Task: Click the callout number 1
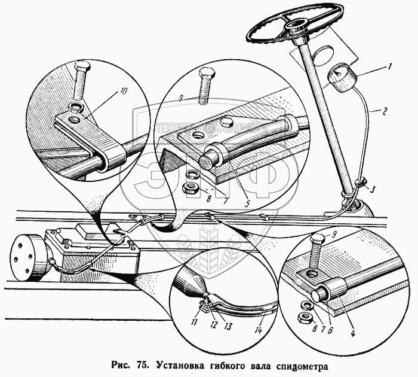(389, 68)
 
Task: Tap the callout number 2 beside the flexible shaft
(386, 111)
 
